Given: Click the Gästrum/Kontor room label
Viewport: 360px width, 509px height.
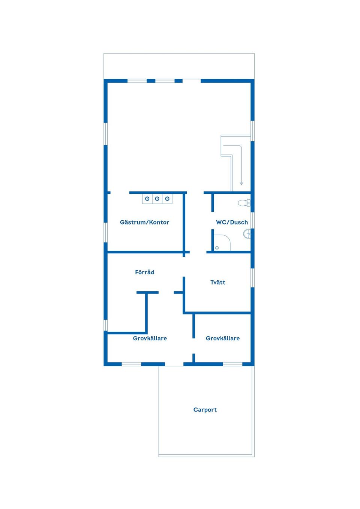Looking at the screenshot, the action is pyautogui.click(x=144, y=222).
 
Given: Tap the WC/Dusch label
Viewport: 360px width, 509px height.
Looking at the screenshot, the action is pyautogui.click(x=232, y=222).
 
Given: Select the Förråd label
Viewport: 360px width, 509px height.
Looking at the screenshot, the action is pyautogui.click(x=144, y=272).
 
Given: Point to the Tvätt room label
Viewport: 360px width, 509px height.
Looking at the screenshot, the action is pyautogui.click(x=218, y=282).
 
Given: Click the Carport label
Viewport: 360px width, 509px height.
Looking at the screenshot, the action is pyautogui.click(x=205, y=410).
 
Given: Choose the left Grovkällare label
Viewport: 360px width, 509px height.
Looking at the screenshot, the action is pyautogui.click(x=150, y=338).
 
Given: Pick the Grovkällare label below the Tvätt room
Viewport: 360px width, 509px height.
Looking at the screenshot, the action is pyautogui.click(x=223, y=338).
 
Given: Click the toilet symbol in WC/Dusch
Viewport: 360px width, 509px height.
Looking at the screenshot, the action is pyautogui.click(x=244, y=203).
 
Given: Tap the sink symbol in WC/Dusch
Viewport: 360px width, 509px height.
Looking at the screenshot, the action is pyautogui.click(x=247, y=234).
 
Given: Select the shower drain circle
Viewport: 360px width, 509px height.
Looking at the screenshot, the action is pyautogui.click(x=217, y=248).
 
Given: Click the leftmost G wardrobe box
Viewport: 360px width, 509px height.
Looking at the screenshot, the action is pyautogui.click(x=147, y=199).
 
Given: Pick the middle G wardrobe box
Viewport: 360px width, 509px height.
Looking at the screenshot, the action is pyautogui.click(x=157, y=199).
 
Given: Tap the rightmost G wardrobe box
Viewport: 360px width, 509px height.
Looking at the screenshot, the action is pyautogui.click(x=167, y=199).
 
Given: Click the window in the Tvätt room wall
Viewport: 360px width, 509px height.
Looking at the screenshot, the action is pyautogui.click(x=252, y=278).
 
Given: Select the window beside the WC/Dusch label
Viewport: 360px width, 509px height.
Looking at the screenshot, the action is pyautogui.click(x=252, y=220).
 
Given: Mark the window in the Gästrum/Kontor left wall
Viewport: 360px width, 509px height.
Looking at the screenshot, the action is pyautogui.click(x=105, y=232).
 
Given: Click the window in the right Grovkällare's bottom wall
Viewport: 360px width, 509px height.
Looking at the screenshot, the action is pyautogui.click(x=232, y=364).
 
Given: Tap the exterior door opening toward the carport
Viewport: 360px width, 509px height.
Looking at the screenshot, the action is pyautogui.click(x=174, y=364).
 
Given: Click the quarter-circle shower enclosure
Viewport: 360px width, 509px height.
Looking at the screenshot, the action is pyautogui.click(x=222, y=243).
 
